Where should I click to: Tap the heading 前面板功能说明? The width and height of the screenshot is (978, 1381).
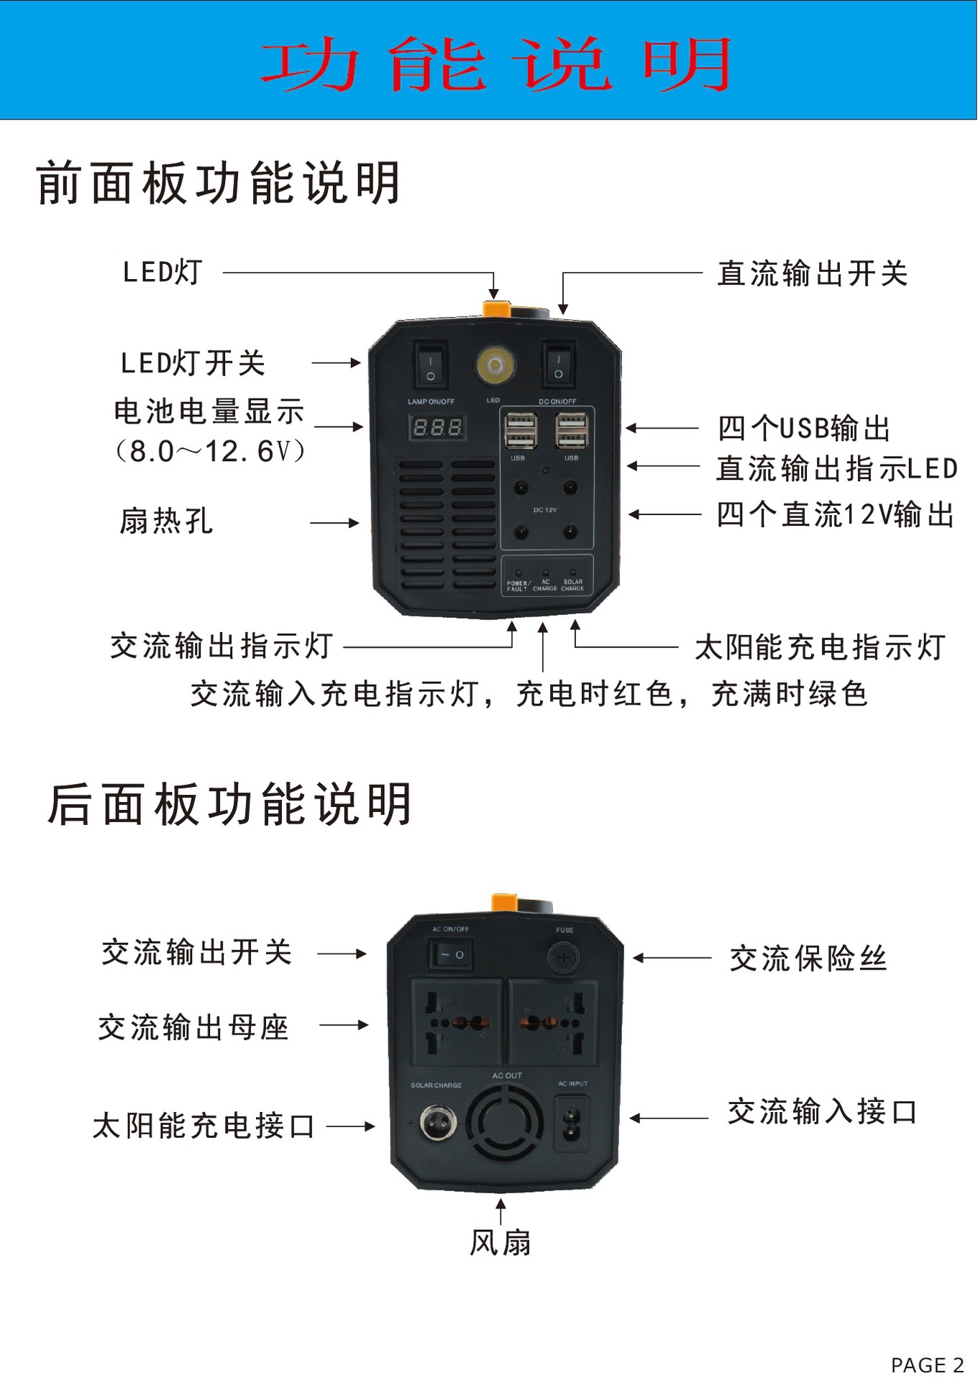(x=218, y=183)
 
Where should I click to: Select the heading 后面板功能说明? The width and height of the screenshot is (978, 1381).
(x=229, y=804)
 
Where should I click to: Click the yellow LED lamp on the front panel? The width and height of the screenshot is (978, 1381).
(x=494, y=366)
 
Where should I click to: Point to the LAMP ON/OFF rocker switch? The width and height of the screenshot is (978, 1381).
(x=431, y=365)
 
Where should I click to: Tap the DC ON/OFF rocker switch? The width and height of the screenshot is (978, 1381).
(x=558, y=365)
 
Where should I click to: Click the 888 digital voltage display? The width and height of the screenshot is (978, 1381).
(x=437, y=427)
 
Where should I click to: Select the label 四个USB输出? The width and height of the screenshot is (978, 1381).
(x=804, y=428)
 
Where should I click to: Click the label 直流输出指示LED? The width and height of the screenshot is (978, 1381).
(x=836, y=468)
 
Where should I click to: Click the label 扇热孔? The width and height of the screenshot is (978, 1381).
(x=166, y=521)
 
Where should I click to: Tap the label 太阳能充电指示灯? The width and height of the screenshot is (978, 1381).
(x=820, y=647)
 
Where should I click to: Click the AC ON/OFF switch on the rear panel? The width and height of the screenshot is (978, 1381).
(x=451, y=955)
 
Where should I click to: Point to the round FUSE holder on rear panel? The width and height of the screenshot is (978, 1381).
(x=564, y=957)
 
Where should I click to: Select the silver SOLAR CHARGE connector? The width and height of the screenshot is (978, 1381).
(x=436, y=1123)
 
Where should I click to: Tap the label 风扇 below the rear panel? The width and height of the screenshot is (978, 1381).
(x=501, y=1243)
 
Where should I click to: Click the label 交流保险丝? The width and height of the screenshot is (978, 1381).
(x=808, y=958)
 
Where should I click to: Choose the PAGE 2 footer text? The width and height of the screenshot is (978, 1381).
(x=927, y=1364)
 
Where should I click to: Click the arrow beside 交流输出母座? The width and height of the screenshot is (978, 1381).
(x=344, y=1025)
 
